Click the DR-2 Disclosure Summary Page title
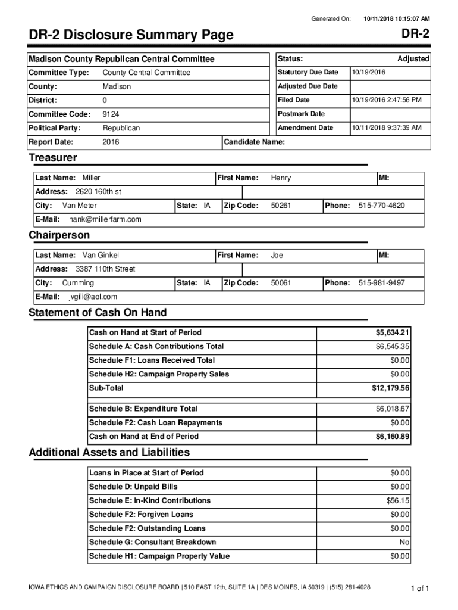coord(131,36)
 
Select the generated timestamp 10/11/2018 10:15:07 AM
coord(397,19)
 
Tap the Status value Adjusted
coord(413,59)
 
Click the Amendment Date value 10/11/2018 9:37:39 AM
coord(387,127)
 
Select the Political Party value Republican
coord(121,128)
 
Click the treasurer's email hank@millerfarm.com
coord(105,219)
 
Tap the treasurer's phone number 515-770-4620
coord(381,206)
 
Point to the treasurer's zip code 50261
coord(281,206)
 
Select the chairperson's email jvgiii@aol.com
coord(93,297)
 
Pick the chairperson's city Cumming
coord(78,283)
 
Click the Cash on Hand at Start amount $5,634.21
coord(392,332)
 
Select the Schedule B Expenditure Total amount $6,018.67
coord(392,409)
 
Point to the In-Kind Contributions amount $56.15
coord(398,500)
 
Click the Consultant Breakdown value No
coord(404,542)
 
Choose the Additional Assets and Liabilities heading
coord(109,452)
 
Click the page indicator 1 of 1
coord(419,589)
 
